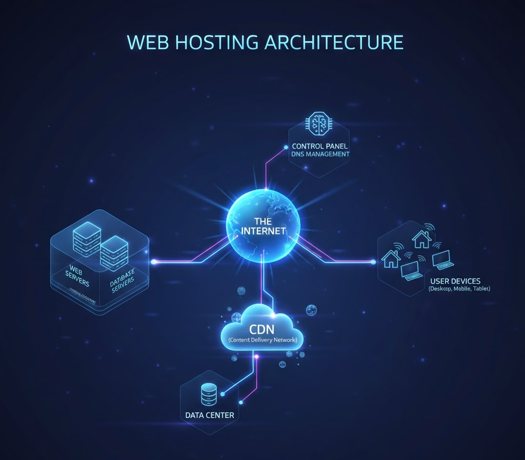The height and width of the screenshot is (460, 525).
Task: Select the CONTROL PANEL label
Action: tap(319, 146)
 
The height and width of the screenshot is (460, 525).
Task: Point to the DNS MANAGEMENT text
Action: tap(320, 154)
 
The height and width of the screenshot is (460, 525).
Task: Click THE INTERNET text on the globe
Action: tap(264, 226)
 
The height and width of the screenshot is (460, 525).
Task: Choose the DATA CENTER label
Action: tap(210, 415)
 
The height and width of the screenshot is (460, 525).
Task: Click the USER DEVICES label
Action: tap(455, 281)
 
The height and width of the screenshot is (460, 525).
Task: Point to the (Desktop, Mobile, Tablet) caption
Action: tap(459, 289)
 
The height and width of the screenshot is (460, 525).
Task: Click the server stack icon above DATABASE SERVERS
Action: tap(113, 252)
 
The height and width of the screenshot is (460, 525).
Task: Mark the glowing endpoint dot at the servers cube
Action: tap(154, 262)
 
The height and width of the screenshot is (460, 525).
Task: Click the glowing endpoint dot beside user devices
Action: tap(373, 262)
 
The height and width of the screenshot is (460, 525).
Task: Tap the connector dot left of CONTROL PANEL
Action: tap(286, 147)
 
